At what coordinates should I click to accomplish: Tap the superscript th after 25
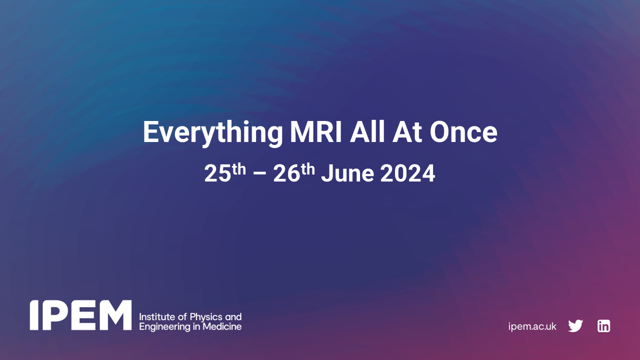tap(238, 169)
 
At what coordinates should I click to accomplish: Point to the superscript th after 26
tap(307, 169)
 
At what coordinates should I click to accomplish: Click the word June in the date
tap(347, 174)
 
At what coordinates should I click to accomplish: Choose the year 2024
tap(407, 174)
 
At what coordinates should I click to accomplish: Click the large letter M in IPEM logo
tap(113, 315)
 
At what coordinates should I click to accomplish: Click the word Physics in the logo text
tap(199, 317)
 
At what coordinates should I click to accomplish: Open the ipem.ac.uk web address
tap(532, 326)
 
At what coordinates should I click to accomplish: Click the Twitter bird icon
tap(575, 326)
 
